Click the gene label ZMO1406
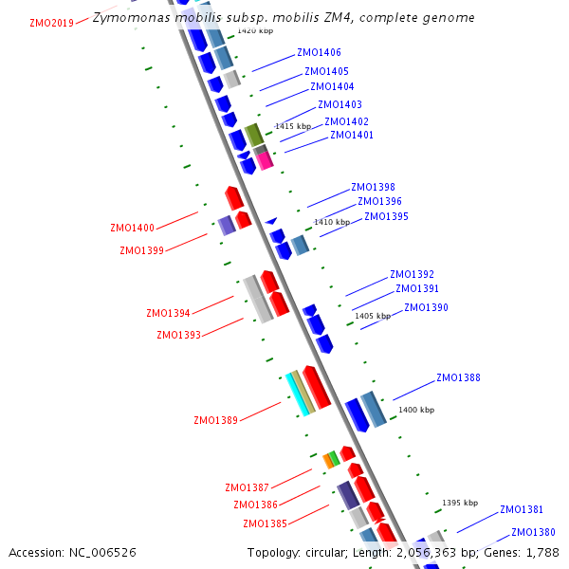point(319,53)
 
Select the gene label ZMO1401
point(351,135)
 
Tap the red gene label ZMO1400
point(132,228)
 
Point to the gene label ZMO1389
point(215,420)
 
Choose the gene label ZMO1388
point(458,377)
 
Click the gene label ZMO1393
point(178,335)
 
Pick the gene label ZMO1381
point(522,509)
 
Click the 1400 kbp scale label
point(416,410)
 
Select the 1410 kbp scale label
point(332,222)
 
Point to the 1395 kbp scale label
point(460,503)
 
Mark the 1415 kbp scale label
point(293,126)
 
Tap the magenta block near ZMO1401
point(265,160)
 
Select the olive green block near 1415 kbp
point(253,135)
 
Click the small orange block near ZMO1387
point(327,461)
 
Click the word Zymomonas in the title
point(127,18)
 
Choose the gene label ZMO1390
point(426,307)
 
